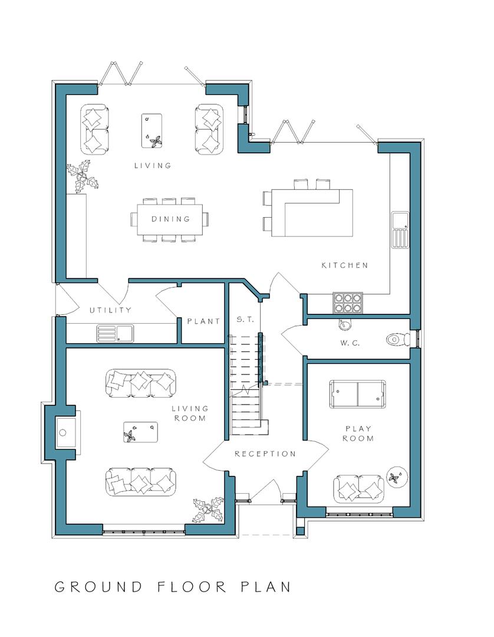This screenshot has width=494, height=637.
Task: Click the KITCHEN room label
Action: [344, 265]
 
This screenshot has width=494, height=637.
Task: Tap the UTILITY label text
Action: [110, 310]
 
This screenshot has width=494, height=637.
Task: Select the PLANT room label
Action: [203, 321]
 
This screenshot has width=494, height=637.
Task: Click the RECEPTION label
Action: [265, 454]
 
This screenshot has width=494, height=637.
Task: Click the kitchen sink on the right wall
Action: [400, 229]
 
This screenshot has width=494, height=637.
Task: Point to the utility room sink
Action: [116, 334]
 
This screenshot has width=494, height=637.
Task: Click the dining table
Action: [170, 219]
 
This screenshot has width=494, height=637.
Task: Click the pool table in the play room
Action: [358, 394]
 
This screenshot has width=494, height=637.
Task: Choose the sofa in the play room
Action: [358, 488]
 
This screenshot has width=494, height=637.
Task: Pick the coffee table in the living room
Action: [140, 432]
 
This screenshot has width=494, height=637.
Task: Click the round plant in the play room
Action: [394, 477]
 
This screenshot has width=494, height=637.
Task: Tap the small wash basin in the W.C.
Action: [345, 324]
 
